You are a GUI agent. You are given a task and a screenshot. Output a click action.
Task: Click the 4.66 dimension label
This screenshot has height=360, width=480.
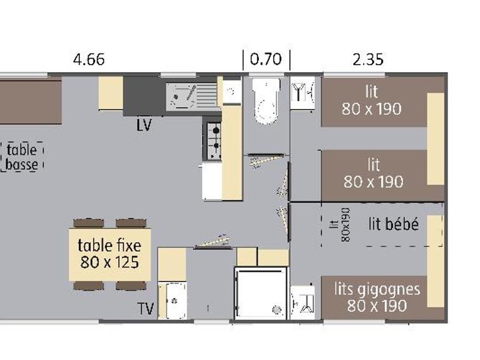89,59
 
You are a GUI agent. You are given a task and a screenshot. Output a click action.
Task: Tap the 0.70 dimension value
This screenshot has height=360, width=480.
266,59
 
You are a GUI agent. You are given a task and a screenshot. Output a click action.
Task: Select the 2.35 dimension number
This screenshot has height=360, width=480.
367,60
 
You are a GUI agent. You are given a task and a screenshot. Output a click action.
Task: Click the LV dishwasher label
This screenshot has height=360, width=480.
144,125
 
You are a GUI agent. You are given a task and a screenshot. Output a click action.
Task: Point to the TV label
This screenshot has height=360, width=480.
146,309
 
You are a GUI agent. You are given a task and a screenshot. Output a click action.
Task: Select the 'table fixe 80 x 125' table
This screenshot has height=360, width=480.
109,254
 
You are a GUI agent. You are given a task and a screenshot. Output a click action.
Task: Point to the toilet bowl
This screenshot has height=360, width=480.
266,101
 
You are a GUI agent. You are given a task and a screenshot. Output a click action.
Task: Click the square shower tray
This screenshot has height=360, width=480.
261,293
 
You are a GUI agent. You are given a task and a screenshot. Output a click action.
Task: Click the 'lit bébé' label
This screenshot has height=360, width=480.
394,224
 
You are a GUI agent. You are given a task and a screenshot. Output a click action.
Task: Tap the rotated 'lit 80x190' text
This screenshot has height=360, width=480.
340,225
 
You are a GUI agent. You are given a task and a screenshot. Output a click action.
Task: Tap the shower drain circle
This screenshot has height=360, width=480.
277,310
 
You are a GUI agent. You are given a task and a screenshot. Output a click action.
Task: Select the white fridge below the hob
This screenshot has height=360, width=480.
212,181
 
